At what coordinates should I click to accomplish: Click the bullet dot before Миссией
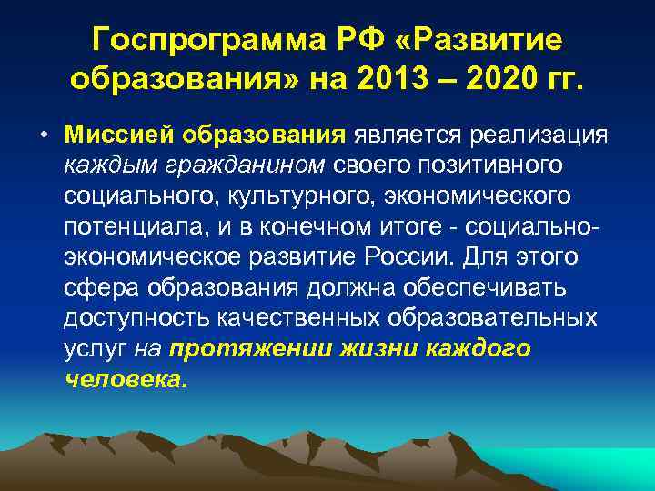45,136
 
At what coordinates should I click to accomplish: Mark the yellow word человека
126,379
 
